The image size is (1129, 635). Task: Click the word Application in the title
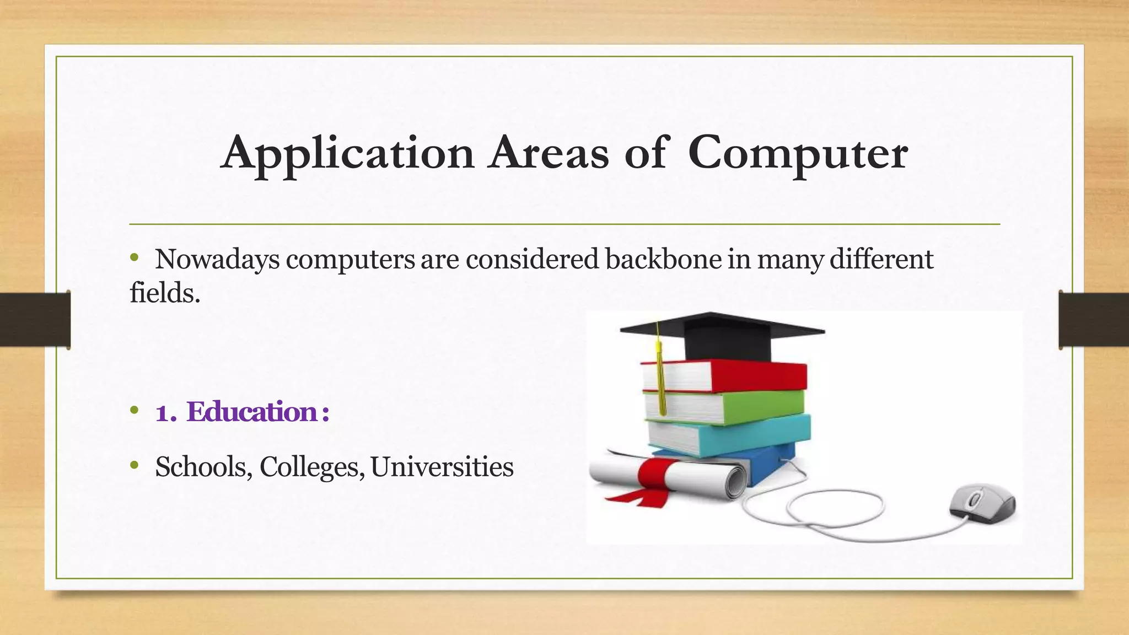click(x=347, y=153)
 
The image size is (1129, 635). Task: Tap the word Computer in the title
click(x=797, y=153)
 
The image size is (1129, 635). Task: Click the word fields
click(x=164, y=293)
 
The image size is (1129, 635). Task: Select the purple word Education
click(x=251, y=412)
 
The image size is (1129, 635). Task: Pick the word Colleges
click(x=311, y=467)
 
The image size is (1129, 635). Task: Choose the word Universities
click(x=442, y=467)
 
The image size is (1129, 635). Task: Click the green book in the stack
click(x=761, y=406)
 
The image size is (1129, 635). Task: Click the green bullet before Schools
click(x=135, y=466)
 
